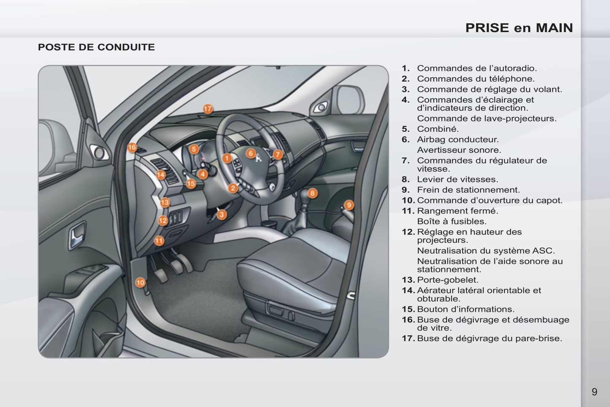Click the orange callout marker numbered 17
[x=208, y=109]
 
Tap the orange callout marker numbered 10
[x=140, y=282]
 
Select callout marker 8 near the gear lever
[x=312, y=193]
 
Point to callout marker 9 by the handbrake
[x=349, y=205]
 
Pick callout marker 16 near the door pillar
[x=132, y=148]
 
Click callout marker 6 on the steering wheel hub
[x=250, y=153]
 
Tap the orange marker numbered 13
[x=165, y=202]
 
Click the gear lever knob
[x=304, y=195]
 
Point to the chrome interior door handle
[x=77, y=235]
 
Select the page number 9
[x=594, y=392]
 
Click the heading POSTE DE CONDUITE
[x=96, y=47]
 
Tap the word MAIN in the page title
[x=554, y=28]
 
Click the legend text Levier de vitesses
[x=458, y=179]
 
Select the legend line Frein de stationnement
[x=469, y=190]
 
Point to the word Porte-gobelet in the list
[x=448, y=280]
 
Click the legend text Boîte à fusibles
[x=452, y=221]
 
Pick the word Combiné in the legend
[x=438, y=129]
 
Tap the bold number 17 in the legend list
[x=408, y=338]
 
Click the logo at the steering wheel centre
[x=258, y=158]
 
